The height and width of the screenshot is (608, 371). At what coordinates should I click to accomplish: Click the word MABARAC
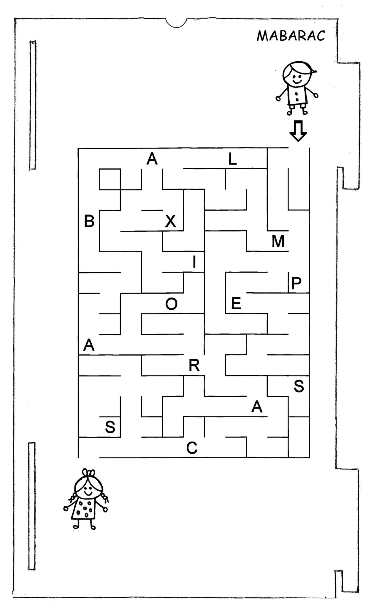pyautogui.click(x=291, y=36)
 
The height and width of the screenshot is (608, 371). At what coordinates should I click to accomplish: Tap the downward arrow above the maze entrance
pyautogui.click(x=298, y=131)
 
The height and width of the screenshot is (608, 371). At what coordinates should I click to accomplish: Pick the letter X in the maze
pyautogui.click(x=170, y=221)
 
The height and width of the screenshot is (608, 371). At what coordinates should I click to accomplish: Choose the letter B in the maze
pyautogui.click(x=89, y=221)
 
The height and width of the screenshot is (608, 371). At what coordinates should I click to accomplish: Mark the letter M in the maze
pyautogui.click(x=278, y=241)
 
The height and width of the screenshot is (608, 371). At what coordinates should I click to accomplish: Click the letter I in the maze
pyautogui.click(x=194, y=262)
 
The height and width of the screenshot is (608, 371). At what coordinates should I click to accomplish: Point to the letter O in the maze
pyautogui.click(x=171, y=304)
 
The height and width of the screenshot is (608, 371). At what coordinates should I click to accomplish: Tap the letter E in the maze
pyautogui.click(x=236, y=304)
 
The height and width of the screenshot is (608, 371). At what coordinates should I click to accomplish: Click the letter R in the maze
pyautogui.click(x=194, y=366)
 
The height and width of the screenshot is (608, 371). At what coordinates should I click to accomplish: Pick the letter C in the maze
pyautogui.click(x=192, y=448)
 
